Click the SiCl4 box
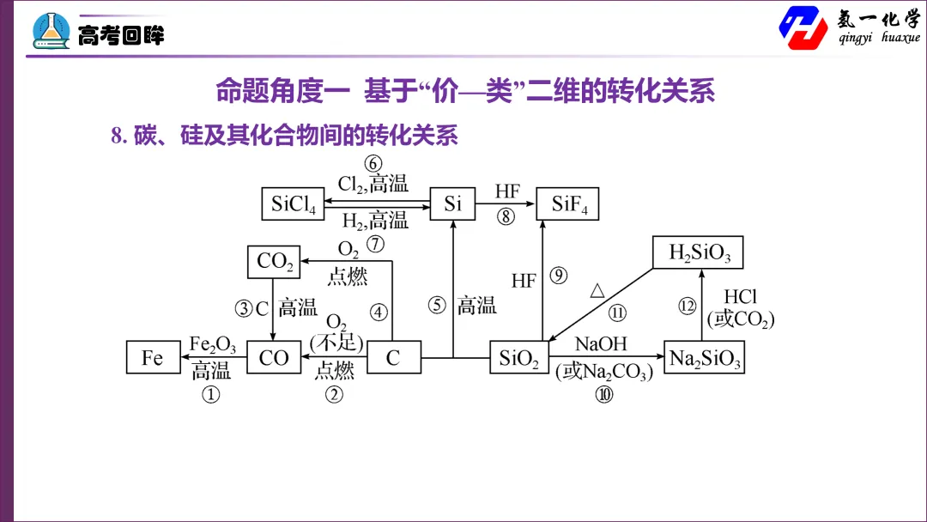[x=293, y=204]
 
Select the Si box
[x=452, y=204]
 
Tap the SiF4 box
[x=567, y=204]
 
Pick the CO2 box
[x=274, y=262]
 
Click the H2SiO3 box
[x=698, y=252]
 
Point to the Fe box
[x=153, y=357]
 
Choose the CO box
[x=274, y=357]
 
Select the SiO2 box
[x=519, y=357]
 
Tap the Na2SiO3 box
[x=704, y=357]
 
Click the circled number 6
[x=373, y=163]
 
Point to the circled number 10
[x=604, y=394]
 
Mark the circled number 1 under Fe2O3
[x=211, y=394]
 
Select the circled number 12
[x=687, y=307]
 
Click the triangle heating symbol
[x=597, y=290]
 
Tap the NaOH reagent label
[x=601, y=343]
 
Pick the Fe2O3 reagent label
[x=212, y=344]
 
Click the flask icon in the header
[x=51, y=31]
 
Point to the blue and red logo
[x=803, y=27]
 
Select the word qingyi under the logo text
[x=855, y=38]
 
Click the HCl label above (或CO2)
[x=740, y=296]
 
